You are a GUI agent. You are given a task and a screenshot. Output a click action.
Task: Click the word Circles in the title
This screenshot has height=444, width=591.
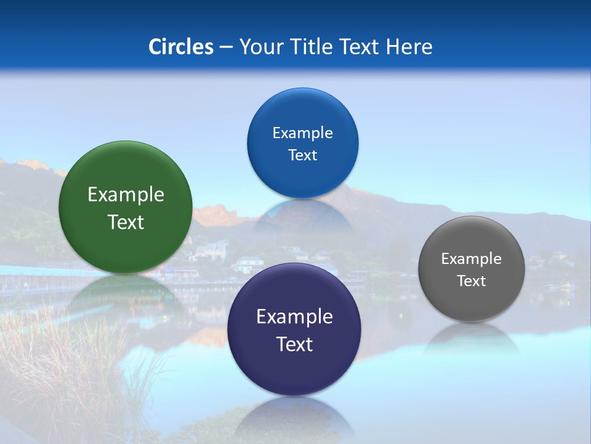[x=180, y=47]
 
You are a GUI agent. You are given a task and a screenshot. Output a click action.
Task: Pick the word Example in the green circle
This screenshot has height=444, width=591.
[x=126, y=195]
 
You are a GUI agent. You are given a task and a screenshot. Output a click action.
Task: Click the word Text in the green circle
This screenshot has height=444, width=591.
[x=126, y=222]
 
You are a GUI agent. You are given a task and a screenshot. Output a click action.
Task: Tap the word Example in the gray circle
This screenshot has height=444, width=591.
[x=472, y=259]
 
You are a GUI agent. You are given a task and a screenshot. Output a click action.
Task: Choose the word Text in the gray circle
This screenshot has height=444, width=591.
[x=472, y=281]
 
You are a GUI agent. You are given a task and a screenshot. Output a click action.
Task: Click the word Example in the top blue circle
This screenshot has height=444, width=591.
[x=302, y=133]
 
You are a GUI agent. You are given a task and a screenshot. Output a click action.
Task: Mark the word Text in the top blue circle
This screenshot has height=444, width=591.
[x=302, y=155]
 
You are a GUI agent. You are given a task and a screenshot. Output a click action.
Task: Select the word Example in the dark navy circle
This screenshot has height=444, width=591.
[x=294, y=317]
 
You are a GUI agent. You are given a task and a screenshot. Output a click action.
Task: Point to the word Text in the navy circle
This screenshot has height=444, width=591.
[x=294, y=344]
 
